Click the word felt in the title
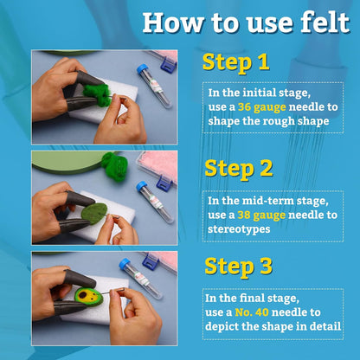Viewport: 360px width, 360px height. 325,22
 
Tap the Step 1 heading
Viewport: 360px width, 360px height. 236,62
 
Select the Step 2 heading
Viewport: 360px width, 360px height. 239,169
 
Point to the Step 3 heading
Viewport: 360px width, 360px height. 239,267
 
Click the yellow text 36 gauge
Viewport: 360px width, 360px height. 262,107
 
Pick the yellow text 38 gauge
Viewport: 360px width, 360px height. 261,215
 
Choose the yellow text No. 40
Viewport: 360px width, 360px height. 252,312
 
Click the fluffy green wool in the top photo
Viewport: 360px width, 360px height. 97,93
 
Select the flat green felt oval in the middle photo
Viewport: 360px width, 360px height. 94,212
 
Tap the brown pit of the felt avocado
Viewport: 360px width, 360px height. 84,295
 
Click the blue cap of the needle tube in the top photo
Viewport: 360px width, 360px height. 142,69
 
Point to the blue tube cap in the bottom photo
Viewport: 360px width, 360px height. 125,264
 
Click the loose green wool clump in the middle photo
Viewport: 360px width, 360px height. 115,165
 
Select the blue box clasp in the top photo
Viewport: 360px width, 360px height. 169,65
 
